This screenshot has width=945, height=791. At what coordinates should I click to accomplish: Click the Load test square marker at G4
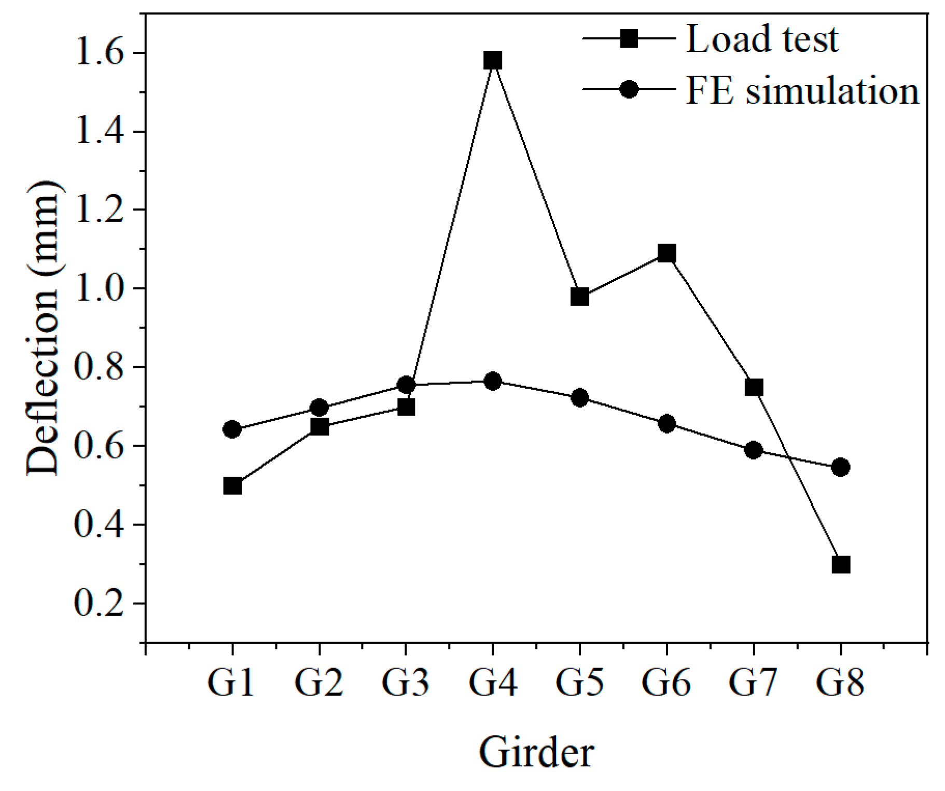coord(492,60)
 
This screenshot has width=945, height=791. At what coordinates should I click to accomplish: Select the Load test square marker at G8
coord(840,564)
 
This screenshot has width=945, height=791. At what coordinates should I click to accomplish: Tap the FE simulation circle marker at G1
coord(232,429)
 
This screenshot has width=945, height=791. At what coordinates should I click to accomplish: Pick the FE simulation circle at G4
coord(492,382)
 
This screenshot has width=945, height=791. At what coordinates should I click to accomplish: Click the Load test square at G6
coord(666,253)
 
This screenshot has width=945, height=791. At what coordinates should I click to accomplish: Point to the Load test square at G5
coord(579,297)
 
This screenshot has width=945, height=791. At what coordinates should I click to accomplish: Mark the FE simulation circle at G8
coord(840,467)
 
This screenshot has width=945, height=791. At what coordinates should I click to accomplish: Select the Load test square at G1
coord(232,486)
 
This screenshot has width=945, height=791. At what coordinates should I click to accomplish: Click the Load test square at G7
coord(753,387)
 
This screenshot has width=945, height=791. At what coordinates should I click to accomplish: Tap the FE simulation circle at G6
coord(666,424)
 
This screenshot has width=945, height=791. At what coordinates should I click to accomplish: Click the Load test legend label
coord(761,39)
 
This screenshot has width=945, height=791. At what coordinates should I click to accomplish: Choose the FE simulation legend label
coord(802,90)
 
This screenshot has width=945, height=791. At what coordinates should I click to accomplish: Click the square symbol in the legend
coord(629,38)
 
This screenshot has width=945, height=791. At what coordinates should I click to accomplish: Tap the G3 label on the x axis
coord(405,682)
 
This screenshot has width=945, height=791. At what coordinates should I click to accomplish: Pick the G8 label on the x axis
coord(840,682)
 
